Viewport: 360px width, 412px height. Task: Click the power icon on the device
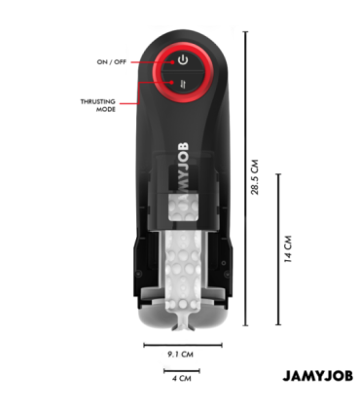(x=182, y=60)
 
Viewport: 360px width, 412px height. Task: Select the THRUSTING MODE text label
(x=99, y=104)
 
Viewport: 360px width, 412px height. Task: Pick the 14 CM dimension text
(x=288, y=248)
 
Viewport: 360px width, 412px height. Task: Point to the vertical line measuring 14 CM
(x=278, y=249)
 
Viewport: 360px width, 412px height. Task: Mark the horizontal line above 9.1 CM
(x=182, y=344)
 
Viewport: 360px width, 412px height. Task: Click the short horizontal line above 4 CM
(x=182, y=371)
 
